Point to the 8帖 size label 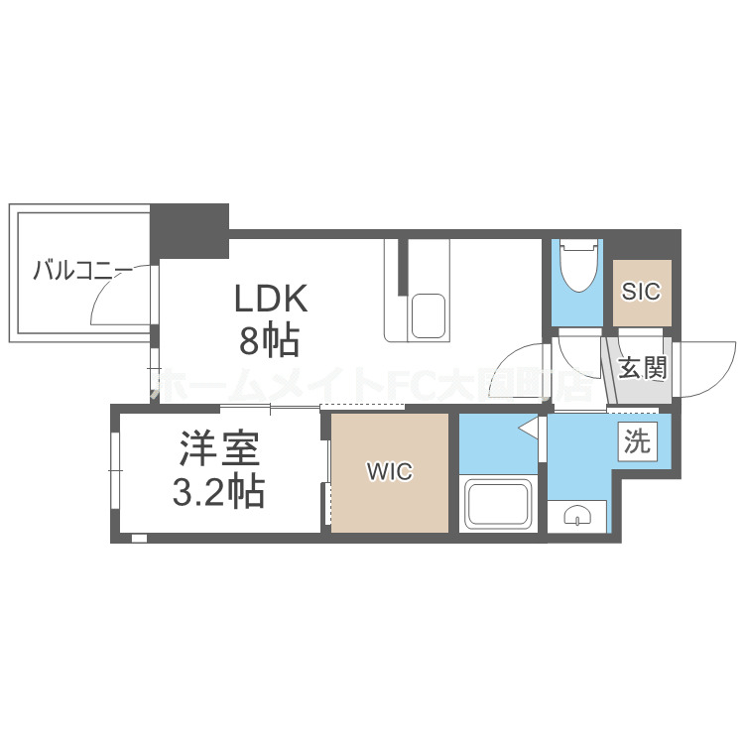tap(269, 340)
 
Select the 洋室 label tap(219, 451)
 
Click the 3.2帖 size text tap(219, 491)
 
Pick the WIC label tap(390, 472)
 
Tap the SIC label tap(641, 293)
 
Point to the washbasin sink tap(577, 514)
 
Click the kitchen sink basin tap(429, 315)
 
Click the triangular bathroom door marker tap(530, 430)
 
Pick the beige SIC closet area tap(641, 293)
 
